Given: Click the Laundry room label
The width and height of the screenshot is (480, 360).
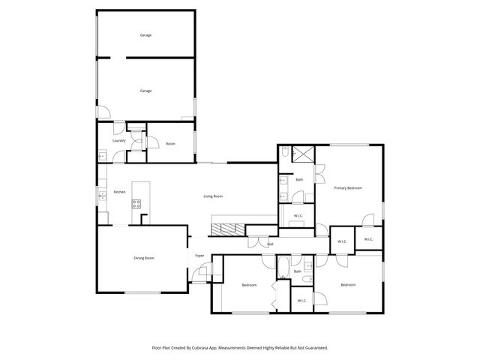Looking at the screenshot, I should click(118, 140).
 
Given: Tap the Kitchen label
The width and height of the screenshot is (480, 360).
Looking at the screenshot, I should click(118, 193).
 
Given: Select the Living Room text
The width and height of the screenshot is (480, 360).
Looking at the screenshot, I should click(213, 196).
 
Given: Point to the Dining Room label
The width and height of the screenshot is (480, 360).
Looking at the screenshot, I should click(144, 258).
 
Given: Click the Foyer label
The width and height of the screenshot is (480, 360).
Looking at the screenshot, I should click(199, 256).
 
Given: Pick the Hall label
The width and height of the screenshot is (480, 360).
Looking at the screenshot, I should click(270, 244).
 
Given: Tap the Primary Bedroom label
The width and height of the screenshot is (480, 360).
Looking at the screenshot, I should click(348, 187).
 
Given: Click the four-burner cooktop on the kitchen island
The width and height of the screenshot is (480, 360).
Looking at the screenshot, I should click(136, 202).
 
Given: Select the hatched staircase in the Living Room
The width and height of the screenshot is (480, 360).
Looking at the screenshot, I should click(226, 229).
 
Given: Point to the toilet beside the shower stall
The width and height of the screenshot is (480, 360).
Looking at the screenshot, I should click(286, 153).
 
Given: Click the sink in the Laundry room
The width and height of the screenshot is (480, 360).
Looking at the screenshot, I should click(102, 156).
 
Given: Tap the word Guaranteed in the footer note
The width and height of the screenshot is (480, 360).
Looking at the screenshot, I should click(317, 348).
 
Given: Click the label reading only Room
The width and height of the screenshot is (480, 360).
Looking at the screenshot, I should click(170, 143).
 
